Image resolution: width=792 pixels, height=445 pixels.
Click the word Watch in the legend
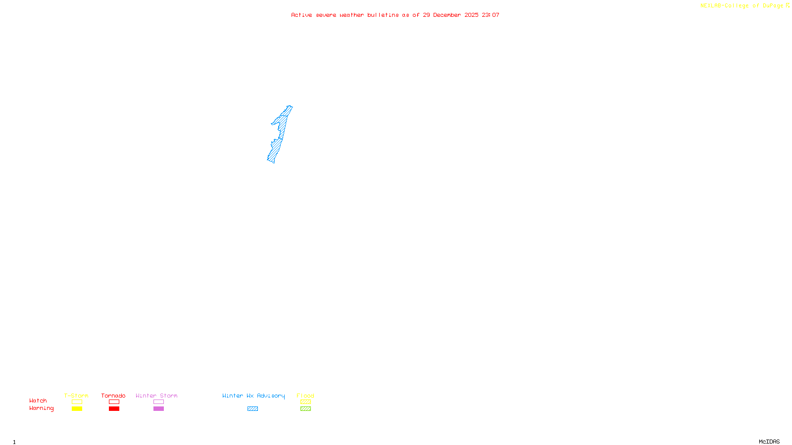coord(38,401)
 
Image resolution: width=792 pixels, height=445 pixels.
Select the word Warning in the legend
coord(42,408)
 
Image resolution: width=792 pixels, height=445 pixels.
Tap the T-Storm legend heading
coord(76,396)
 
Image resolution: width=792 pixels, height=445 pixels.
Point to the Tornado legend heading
coord(113,396)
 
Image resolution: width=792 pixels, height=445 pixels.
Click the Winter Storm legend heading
coord(156,396)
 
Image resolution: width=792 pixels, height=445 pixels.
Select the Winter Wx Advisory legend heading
coord(253,396)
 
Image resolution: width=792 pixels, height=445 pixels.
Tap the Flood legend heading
coord(305,396)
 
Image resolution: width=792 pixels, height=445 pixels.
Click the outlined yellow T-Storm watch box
coord(77,402)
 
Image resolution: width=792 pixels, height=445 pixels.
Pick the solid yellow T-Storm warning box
coord(77,409)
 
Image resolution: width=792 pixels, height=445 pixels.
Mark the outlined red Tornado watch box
coord(114,402)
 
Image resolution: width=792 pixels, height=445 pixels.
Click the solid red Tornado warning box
coord(114,409)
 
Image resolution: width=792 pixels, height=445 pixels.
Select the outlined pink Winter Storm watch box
coord(158,402)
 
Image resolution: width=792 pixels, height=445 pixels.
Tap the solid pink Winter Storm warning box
coord(158,409)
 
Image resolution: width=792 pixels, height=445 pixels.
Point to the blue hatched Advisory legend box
coord(252,409)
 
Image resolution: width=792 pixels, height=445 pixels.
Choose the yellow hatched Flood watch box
coord(305,402)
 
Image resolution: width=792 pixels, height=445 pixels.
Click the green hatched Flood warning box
coord(305,409)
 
